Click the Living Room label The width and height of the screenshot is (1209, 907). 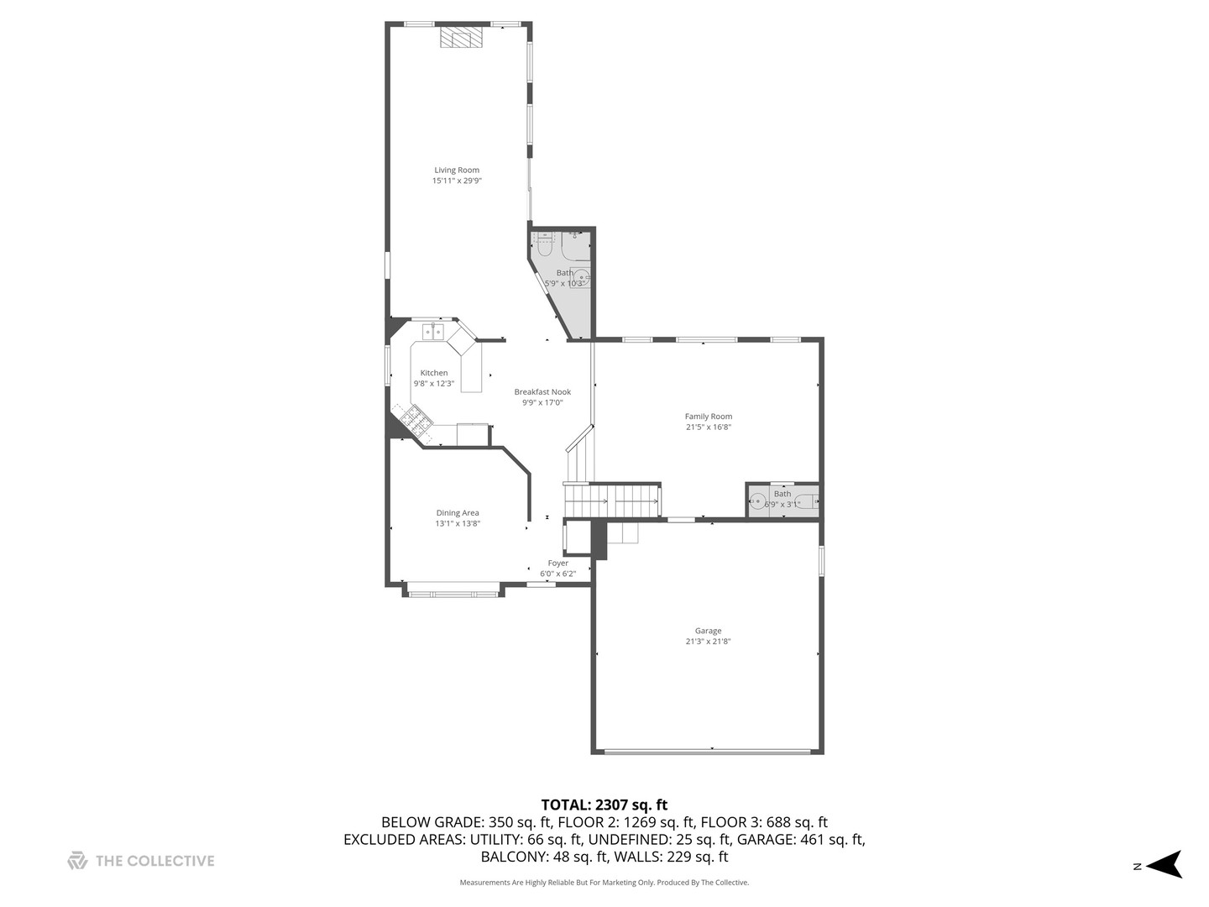(457, 170)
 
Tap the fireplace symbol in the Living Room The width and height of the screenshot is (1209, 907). (463, 38)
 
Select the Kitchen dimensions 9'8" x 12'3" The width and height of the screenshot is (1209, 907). (433, 384)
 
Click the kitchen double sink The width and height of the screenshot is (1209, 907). (433, 332)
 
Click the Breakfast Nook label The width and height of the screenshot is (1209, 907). (542, 392)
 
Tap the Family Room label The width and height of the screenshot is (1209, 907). (708, 417)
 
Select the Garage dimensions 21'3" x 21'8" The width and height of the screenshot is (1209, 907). (708, 642)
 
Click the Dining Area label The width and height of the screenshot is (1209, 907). (458, 513)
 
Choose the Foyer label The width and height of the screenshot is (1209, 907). (557, 564)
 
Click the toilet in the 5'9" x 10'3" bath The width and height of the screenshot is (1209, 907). (543, 245)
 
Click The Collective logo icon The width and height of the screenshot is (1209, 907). (77, 861)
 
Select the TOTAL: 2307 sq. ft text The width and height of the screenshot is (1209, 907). (604, 805)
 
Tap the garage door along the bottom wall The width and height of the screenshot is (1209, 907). (708, 751)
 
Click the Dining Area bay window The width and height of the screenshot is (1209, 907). (453, 594)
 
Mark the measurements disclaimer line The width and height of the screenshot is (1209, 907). (604, 883)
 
